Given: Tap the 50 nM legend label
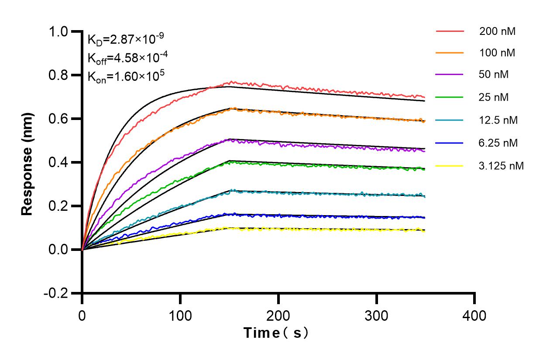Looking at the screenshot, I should [494, 75].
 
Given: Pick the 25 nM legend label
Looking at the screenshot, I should [494, 97].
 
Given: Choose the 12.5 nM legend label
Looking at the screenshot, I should [498, 120].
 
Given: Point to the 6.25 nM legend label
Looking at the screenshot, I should [498, 143].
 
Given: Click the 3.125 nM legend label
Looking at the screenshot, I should [502, 165].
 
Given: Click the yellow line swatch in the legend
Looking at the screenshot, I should [449, 165].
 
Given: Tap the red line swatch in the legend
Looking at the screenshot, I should [449, 31].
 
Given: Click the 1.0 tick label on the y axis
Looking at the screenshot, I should [59, 32].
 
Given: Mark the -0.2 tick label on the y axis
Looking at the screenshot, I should [56, 293].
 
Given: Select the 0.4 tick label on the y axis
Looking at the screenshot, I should [59, 163].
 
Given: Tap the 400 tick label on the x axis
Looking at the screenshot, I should [474, 315].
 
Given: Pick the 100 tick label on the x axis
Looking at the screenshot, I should [180, 315].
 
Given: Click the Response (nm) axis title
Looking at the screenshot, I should [27, 162].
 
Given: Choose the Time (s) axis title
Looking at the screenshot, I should [276, 333].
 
